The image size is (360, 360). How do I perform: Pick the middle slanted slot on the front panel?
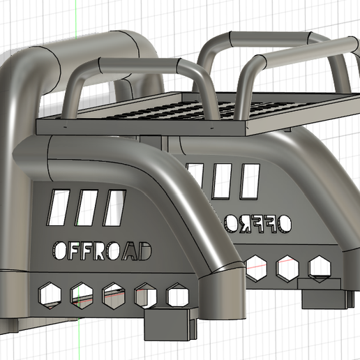tap(84, 207)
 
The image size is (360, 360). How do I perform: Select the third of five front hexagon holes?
tap(112, 296)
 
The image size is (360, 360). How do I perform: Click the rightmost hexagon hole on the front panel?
tap(177, 296)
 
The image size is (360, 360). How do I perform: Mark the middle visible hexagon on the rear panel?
tap(286, 269)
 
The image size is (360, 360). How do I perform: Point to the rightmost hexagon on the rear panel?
tap(318, 267)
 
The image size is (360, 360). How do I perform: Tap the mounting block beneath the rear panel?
tap(324, 298)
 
